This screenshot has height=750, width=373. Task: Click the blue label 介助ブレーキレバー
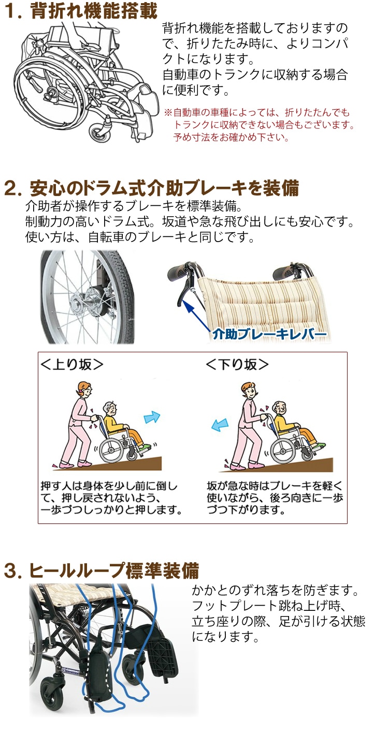coord(270,334)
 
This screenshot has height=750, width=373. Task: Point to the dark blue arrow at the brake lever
coord(198,317)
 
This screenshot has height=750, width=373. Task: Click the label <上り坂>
coord(72,365)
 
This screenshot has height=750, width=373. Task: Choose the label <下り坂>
coord(237,365)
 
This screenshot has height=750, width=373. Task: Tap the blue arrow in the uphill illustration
coord(152,417)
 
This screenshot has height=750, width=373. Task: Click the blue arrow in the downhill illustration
coord(220,425)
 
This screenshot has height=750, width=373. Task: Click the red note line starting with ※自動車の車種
coord(256,112)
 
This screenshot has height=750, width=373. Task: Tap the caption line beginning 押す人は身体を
coord(109,486)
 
